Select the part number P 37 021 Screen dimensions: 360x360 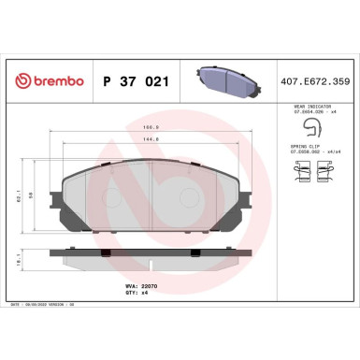click(x=132, y=82)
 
